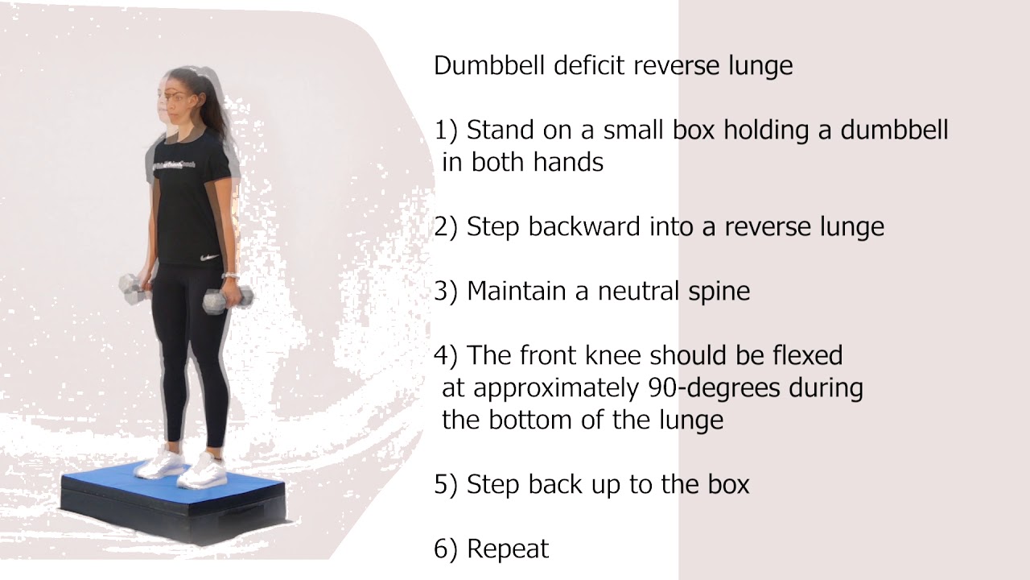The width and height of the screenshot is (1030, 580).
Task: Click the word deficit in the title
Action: pos(590,65)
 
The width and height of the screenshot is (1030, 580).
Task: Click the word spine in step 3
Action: pos(718,292)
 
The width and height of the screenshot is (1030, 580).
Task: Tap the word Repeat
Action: pos(508,549)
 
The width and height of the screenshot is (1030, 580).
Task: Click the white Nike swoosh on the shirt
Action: pos(209,259)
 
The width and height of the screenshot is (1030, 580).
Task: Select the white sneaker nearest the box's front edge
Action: pos(200,472)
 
